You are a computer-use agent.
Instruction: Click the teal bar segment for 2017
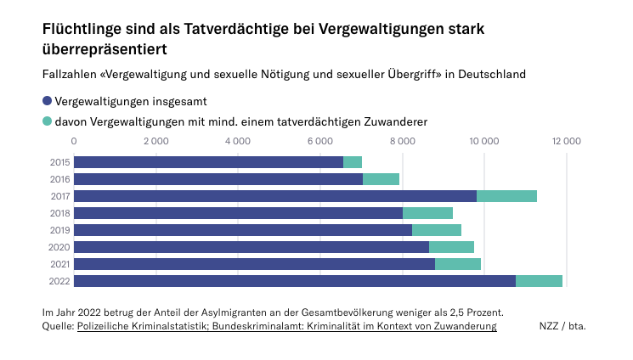click(506, 196)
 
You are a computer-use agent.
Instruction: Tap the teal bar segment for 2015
click(353, 162)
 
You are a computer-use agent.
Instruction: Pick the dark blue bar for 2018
click(238, 213)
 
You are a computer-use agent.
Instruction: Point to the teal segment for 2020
click(451, 247)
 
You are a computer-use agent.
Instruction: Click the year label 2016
click(60, 179)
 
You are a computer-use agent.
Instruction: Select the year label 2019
click(60, 230)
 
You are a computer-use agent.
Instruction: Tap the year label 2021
click(60, 264)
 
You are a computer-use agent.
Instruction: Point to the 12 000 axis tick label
click(565, 140)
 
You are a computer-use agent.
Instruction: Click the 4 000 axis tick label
click(238, 140)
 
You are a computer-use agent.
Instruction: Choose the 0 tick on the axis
click(74, 140)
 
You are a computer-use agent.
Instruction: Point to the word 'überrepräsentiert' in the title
click(104, 49)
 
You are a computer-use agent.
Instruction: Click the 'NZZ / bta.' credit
click(562, 325)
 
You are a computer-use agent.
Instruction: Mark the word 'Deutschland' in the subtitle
click(491, 74)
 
